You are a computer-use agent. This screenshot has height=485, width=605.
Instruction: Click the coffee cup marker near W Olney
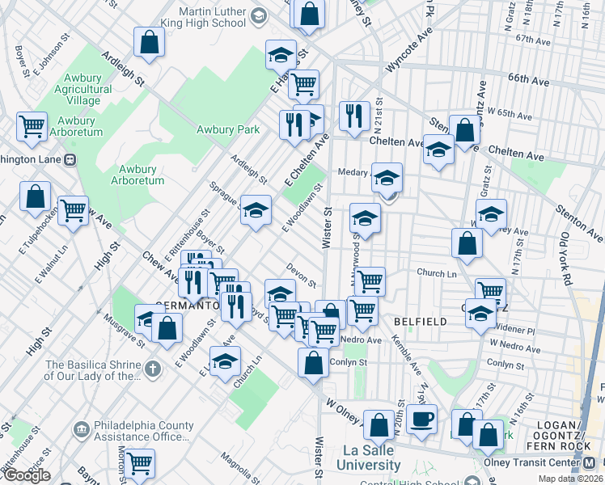point(421,420)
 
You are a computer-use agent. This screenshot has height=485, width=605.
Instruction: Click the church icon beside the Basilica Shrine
point(154,366)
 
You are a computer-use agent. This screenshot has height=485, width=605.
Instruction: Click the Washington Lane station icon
point(70,160)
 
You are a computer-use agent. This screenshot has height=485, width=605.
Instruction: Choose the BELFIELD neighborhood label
point(420,322)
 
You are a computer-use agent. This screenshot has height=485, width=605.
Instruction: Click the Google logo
point(26,475)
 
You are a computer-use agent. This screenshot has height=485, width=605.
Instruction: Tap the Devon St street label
point(302,274)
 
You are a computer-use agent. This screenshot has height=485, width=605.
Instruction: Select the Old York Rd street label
point(568,261)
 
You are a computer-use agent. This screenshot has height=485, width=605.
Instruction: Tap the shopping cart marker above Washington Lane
point(32,126)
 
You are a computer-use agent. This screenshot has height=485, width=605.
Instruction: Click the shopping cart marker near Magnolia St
point(139,463)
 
